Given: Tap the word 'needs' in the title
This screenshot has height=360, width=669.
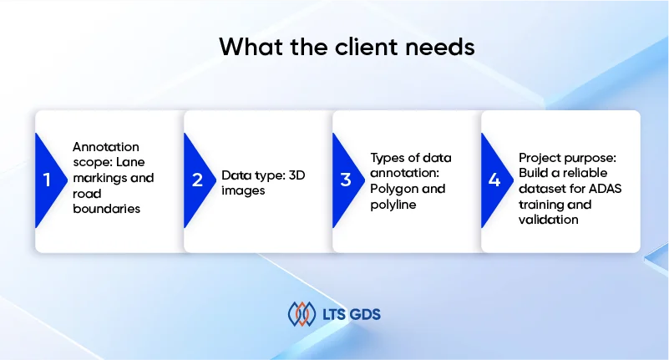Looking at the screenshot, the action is click(x=440, y=47).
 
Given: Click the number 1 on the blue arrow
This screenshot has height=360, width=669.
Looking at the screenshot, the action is click(x=47, y=180).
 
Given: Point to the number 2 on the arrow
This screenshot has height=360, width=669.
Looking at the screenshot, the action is click(x=197, y=180).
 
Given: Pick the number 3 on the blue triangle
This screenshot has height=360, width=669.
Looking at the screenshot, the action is click(x=346, y=180).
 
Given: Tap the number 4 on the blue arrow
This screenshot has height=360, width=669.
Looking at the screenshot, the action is click(x=494, y=180).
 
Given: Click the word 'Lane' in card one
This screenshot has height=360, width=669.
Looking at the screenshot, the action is click(x=130, y=162).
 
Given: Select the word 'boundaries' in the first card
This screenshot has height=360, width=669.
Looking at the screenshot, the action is click(x=106, y=209).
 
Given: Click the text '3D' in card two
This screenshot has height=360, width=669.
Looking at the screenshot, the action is click(x=297, y=175).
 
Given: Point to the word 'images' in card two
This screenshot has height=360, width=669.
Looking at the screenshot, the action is click(x=243, y=190).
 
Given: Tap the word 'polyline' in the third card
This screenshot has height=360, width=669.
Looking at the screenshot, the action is click(x=393, y=205).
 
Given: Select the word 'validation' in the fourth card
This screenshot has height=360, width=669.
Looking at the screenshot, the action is click(x=548, y=220).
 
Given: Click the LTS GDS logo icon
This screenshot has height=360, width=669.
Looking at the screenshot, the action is click(x=302, y=314).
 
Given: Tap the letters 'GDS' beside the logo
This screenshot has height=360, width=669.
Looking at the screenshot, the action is click(x=365, y=315).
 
